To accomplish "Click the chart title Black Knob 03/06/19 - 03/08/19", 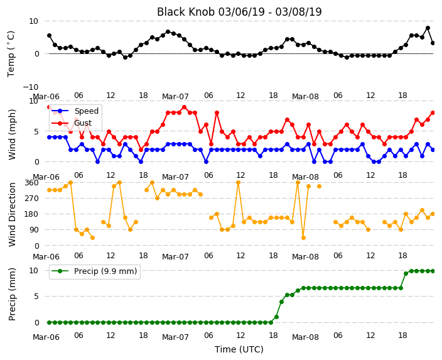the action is point(239,12).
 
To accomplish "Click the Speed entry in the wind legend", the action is point(75,111).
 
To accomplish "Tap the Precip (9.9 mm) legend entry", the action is point(94,271).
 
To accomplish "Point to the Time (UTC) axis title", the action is point(239,349).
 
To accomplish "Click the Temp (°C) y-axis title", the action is point(11,54).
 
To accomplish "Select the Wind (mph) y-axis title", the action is point(12,134).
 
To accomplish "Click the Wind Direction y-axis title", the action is point(12,214).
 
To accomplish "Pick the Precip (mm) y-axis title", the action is point(12,294).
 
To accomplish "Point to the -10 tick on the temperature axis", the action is point(30,87).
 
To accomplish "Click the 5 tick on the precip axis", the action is point(36,297).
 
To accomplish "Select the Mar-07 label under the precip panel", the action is point(175,337).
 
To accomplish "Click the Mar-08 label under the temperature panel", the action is point(305,97).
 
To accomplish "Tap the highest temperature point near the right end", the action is point(428,28).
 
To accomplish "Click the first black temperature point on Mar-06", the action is point(50,36).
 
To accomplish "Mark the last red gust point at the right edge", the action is point(433,113).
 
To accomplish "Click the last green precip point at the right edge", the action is point(433,271).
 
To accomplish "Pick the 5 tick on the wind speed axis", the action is point(36,131).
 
